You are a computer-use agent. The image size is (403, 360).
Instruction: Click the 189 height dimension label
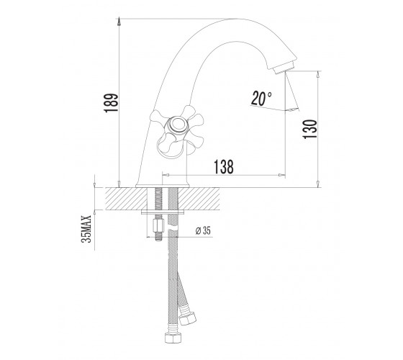click(x=111, y=103)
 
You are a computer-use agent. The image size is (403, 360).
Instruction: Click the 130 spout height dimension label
click(x=310, y=130)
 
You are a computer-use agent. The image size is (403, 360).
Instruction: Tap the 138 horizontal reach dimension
click(x=224, y=167)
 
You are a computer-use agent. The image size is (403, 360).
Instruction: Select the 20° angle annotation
click(x=261, y=98)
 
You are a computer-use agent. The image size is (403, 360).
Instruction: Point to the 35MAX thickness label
click(x=86, y=229)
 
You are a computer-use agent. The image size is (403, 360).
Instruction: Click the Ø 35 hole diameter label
click(x=203, y=230)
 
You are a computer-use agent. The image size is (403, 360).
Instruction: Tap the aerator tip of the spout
click(x=284, y=67)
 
